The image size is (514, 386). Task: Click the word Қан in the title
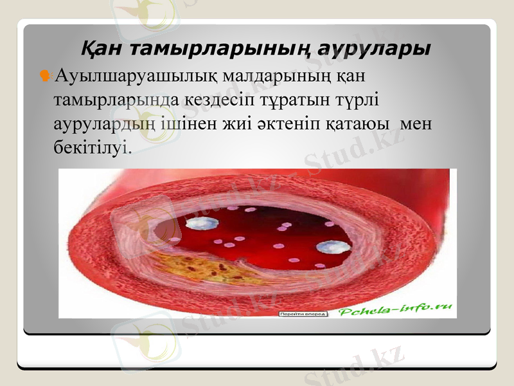point(103,49)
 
